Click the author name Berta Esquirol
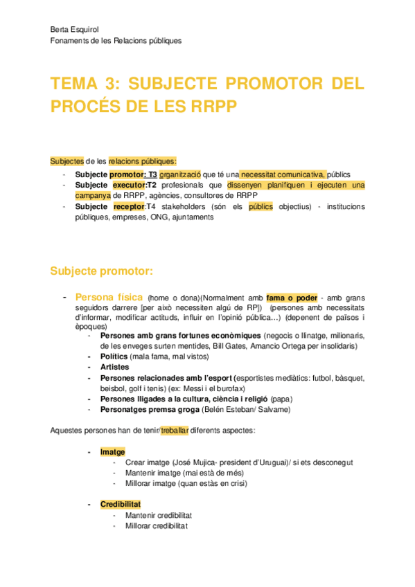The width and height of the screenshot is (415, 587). (76, 28)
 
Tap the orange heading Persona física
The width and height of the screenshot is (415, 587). (108, 297)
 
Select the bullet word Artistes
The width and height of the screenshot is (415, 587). (116, 367)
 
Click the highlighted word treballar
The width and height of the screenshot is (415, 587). (174, 431)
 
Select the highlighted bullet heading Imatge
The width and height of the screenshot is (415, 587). (112, 452)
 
